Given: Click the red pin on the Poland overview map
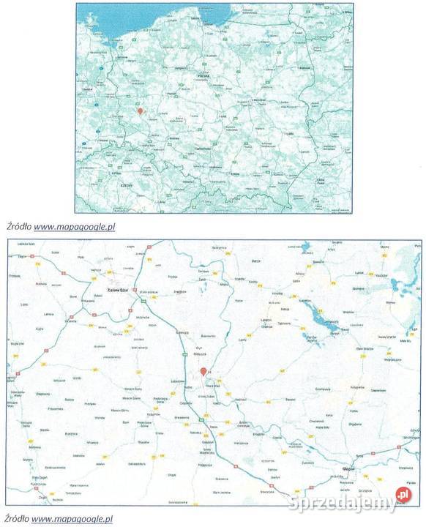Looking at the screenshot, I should [140, 111].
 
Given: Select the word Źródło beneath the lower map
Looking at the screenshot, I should [16, 518].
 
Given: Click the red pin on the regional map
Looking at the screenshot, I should [203, 372].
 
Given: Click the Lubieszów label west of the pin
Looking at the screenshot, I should [177, 381].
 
